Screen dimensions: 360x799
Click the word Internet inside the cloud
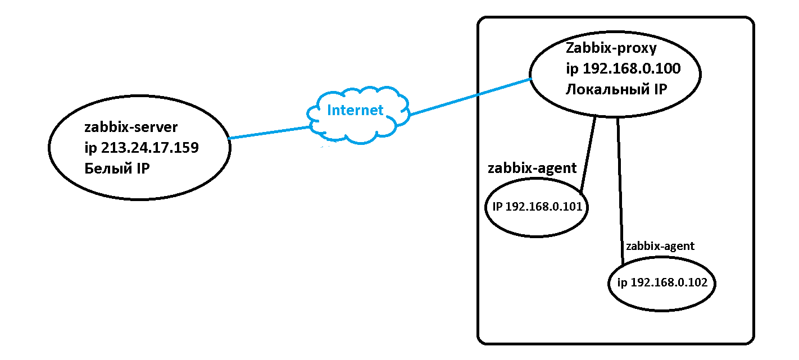click(355, 110)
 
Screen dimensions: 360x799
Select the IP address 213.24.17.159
click(149, 148)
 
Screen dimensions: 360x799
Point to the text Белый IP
click(117, 168)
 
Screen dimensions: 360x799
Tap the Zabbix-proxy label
click(611, 49)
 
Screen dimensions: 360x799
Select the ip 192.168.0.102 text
click(662, 282)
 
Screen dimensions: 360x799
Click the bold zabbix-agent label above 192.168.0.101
click(532, 167)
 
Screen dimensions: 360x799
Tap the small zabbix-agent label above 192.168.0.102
click(660, 246)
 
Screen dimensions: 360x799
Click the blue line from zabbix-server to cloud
click(270, 133)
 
